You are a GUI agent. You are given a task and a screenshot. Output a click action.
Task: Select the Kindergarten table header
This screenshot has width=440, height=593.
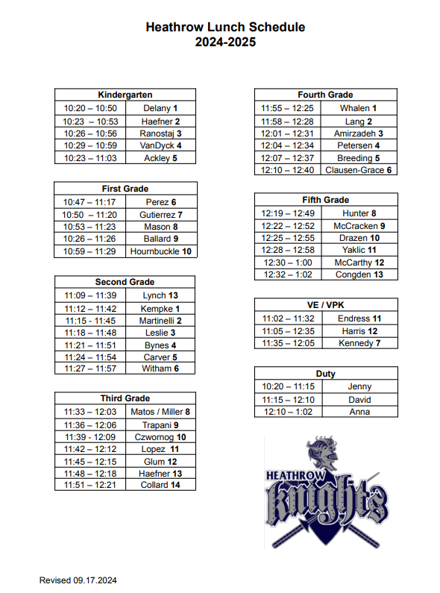125,95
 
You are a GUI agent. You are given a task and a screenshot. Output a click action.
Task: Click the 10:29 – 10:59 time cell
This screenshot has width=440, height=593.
89,145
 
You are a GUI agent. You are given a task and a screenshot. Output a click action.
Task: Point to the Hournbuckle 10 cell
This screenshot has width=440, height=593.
160,251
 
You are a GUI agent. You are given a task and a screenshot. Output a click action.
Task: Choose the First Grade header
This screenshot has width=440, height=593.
125,189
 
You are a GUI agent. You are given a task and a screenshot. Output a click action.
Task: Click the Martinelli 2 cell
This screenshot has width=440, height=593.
160,320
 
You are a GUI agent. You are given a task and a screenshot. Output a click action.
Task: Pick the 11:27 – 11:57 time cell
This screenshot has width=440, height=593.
89,368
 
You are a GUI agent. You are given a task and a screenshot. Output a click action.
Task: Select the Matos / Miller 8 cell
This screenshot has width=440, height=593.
160,411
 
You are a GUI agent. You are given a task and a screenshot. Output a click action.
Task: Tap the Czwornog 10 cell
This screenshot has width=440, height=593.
160,436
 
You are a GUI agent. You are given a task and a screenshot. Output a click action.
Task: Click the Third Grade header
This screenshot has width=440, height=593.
125,398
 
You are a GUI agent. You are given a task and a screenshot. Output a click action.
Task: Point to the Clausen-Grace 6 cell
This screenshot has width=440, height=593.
358,170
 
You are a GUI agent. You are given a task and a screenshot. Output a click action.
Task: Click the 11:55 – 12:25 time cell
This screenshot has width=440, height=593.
287,108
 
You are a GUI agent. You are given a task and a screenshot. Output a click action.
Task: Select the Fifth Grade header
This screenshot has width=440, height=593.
325,200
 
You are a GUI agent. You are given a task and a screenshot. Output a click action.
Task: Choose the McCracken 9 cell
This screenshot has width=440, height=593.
359,225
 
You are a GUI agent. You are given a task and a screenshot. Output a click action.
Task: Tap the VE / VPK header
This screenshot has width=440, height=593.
325,305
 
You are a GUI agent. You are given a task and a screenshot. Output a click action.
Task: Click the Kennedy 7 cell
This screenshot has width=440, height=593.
359,343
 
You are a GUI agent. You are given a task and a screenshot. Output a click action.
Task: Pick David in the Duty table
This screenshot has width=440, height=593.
359,399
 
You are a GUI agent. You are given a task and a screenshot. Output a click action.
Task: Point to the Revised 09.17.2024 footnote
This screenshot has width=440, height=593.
78,580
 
